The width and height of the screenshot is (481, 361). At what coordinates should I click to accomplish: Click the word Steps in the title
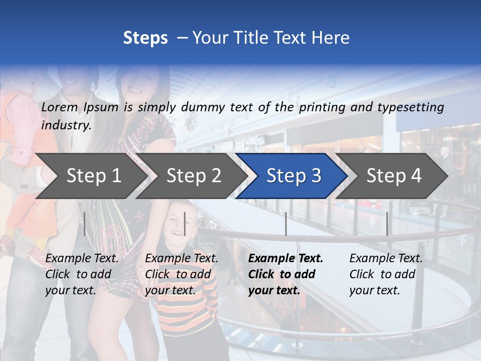pyautogui.click(x=145, y=38)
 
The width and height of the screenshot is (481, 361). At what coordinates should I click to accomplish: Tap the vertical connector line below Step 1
pyautogui.click(x=85, y=224)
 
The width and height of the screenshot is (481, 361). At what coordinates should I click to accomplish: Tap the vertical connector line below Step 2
pyautogui.click(x=185, y=224)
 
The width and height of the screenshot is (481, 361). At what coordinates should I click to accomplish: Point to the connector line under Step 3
pyautogui.click(x=286, y=224)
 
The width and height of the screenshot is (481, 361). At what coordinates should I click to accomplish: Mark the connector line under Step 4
pyautogui.click(x=387, y=224)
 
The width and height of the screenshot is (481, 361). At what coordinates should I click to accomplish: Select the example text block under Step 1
pyautogui.click(x=82, y=274)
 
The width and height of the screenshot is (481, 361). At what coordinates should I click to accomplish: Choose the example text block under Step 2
pyautogui.click(x=181, y=274)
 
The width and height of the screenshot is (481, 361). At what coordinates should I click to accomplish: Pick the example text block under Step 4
pyautogui.click(x=385, y=274)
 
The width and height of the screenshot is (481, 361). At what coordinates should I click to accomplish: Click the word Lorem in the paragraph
pyautogui.click(x=60, y=107)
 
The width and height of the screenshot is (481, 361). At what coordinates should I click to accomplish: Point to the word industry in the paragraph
pyautogui.click(x=66, y=125)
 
